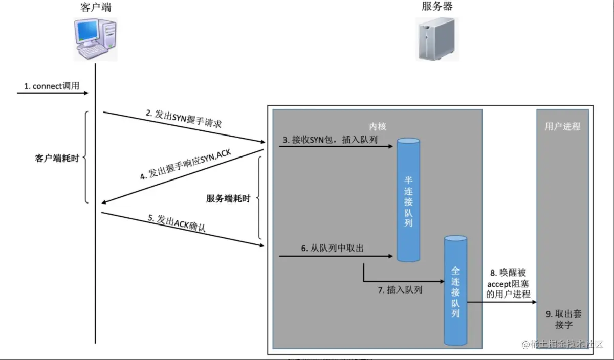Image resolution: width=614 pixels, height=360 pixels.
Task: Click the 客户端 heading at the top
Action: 96,7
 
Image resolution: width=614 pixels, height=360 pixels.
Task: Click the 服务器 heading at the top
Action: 437,7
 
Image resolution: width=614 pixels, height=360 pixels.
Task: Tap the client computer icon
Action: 95,39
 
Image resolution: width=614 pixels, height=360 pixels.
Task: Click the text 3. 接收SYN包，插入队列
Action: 331,140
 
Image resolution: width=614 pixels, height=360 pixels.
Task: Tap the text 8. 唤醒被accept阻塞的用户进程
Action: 508,284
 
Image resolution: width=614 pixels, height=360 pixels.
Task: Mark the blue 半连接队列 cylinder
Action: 408,199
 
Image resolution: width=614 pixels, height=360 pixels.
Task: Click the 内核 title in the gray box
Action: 378,126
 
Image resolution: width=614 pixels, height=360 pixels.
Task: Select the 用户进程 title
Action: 562,126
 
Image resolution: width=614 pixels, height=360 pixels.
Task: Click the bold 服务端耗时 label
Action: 228,199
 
